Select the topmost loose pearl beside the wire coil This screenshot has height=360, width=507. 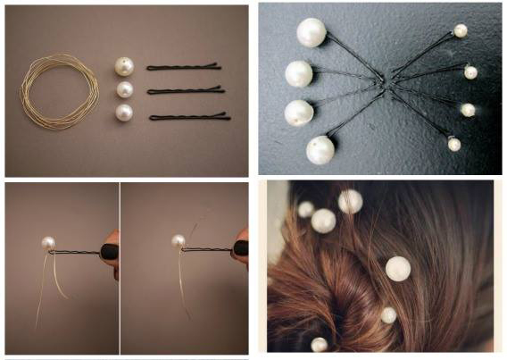(x=124, y=66)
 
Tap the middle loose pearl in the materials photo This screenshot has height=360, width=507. (x=124, y=90)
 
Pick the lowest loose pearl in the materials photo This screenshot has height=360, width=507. (x=124, y=113)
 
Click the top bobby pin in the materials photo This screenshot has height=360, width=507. (x=183, y=67)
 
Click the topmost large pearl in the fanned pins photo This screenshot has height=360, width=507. (x=312, y=33)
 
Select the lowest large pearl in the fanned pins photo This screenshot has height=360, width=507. (x=320, y=149)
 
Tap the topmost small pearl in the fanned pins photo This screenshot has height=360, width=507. (x=461, y=31)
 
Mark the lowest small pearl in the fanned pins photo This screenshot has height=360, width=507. (x=454, y=144)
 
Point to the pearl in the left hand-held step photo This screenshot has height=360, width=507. (x=48, y=242)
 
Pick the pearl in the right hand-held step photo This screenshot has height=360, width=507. (x=179, y=240)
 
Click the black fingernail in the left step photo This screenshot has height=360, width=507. (x=109, y=252)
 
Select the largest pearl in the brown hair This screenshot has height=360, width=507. (x=397, y=269)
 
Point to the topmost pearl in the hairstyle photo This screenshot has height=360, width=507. (x=350, y=202)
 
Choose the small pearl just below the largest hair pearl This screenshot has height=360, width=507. (x=388, y=315)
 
